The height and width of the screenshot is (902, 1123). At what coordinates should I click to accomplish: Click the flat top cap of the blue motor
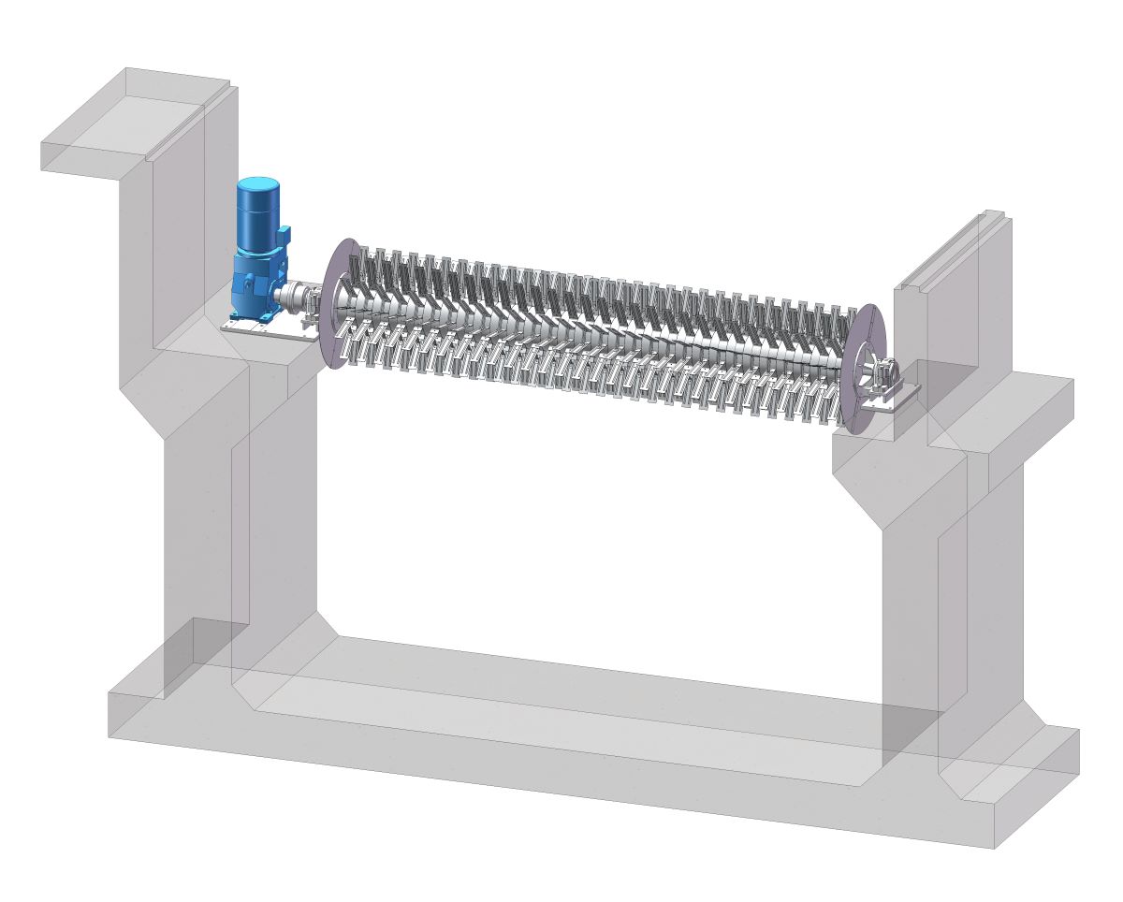(259, 183)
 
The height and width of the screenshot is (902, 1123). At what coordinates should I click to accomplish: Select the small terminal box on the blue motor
(284, 234)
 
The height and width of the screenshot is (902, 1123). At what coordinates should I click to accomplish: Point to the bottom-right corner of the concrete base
(992, 847)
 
